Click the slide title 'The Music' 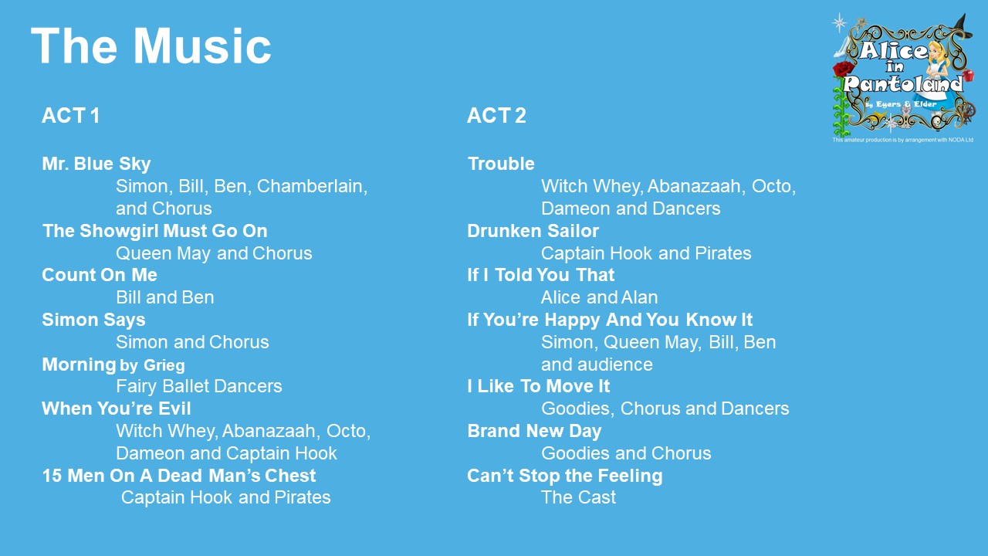(x=151, y=46)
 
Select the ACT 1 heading (x=70, y=116)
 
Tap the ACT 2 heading (x=496, y=116)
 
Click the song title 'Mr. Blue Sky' (x=96, y=164)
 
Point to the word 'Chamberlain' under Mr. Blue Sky (x=312, y=186)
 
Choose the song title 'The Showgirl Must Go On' (x=155, y=231)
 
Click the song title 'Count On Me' (x=100, y=275)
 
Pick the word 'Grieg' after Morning (x=164, y=365)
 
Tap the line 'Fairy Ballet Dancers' (x=199, y=386)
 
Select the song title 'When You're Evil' (x=117, y=409)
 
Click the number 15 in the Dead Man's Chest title (x=52, y=476)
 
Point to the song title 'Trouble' (x=501, y=164)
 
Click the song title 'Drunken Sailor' (x=533, y=231)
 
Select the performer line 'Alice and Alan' (x=600, y=297)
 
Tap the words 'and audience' (x=597, y=364)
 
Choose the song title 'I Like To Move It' (x=539, y=386)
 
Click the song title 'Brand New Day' (x=534, y=431)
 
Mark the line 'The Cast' (x=578, y=497)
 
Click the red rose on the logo (x=843, y=69)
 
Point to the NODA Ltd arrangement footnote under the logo (x=902, y=140)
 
